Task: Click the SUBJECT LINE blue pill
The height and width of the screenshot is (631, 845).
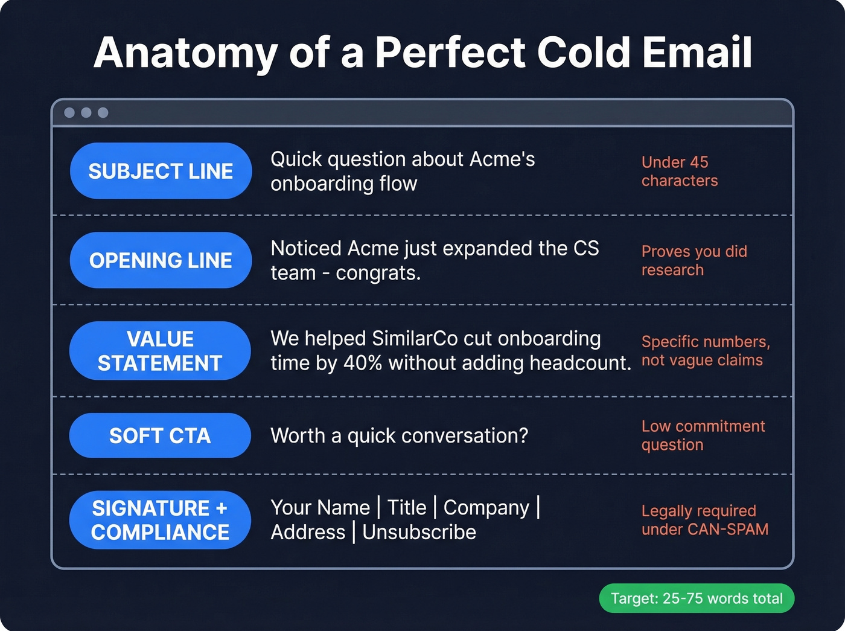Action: (161, 171)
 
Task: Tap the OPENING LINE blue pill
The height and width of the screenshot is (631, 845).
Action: (161, 260)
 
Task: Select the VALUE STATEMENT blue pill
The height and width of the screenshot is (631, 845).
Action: (160, 351)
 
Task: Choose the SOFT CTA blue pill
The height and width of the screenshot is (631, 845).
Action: (160, 435)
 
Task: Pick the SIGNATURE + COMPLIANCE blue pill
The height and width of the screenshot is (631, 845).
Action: (160, 520)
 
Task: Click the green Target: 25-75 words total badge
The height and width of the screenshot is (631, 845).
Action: (697, 598)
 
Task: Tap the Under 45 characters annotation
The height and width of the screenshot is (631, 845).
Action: (679, 171)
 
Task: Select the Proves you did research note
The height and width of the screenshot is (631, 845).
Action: (694, 261)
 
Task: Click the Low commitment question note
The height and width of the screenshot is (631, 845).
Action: (703, 435)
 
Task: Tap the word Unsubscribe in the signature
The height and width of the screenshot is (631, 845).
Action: (419, 532)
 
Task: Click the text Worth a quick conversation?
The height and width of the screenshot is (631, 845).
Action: (399, 435)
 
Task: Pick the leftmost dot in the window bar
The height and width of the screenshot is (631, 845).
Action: (69, 113)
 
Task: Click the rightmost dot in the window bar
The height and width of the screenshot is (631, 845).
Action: (103, 113)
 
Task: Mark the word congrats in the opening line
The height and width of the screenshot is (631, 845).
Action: (377, 273)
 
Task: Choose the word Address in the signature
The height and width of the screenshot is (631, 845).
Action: (308, 532)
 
